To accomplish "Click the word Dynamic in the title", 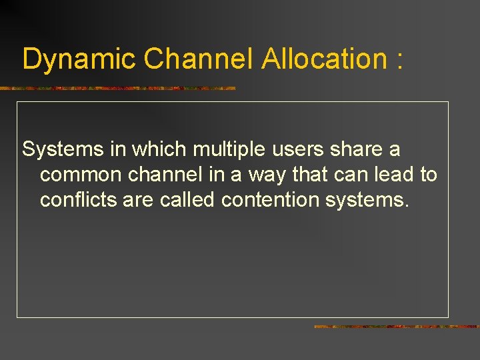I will tap(79, 59).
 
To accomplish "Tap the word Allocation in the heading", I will tap(324, 59).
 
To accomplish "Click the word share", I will tap(357, 149).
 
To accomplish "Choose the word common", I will tap(81, 175).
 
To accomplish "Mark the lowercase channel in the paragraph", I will tap(166, 175).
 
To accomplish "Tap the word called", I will tap(188, 199).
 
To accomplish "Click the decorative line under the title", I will tap(117, 88).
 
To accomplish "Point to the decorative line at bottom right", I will tap(397, 327).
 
